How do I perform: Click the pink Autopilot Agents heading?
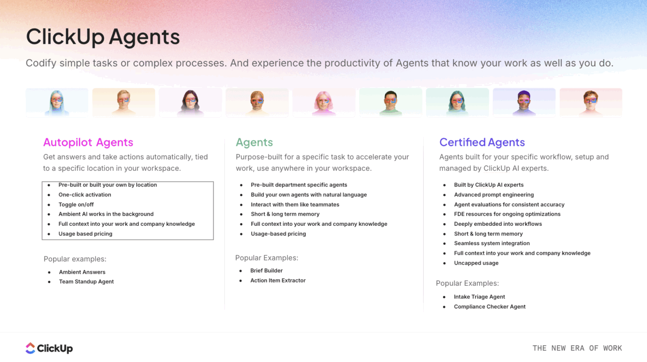tap(88, 142)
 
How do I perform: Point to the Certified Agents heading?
tap(482, 142)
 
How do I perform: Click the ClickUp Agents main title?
tap(103, 37)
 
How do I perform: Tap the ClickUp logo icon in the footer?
tap(31, 348)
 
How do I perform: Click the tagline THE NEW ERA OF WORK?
tap(577, 348)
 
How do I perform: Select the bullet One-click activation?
tap(85, 195)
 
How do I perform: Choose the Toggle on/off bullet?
tap(76, 205)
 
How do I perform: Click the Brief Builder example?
tap(266, 271)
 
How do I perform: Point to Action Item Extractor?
tap(278, 280)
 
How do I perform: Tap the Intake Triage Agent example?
tap(479, 297)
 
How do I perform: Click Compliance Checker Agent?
tap(489, 307)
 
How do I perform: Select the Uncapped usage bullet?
tap(476, 263)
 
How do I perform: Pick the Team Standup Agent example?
tap(86, 282)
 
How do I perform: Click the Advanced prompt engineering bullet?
tap(494, 195)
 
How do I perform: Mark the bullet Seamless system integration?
tap(492, 243)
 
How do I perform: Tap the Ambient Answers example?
tap(82, 272)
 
